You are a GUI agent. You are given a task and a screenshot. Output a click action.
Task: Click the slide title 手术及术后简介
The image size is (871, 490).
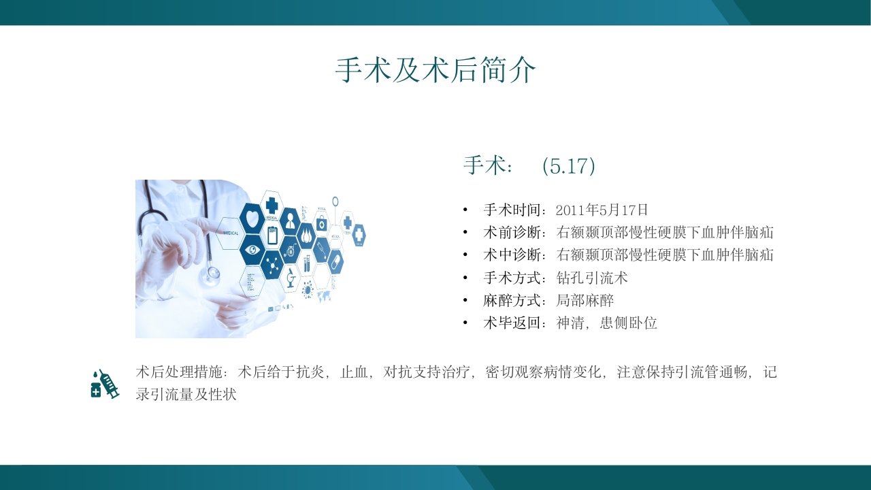(x=435, y=70)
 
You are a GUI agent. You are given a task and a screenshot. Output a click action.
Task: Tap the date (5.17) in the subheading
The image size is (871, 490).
(x=569, y=166)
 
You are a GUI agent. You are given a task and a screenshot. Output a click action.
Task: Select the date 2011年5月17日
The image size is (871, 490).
(x=602, y=210)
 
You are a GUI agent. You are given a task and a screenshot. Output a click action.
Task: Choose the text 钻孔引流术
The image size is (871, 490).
(x=592, y=278)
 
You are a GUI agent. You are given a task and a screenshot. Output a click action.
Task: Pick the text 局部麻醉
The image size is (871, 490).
(x=585, y=300)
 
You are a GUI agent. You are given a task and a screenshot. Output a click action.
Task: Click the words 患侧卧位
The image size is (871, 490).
(x=628, y=323)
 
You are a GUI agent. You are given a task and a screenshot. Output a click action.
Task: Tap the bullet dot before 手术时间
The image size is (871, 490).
(x=465, y=210)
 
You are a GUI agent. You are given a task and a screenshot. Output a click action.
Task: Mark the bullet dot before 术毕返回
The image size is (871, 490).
(x=465, y=323)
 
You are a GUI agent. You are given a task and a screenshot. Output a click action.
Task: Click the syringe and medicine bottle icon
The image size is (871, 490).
(x=105, y=384)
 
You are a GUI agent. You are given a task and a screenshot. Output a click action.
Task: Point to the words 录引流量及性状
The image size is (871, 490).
(x=186, y=394)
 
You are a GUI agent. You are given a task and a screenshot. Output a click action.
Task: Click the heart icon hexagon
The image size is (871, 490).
(x=252, y=218)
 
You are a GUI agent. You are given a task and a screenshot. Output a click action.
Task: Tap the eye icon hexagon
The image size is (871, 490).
(x=252, y=249)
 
